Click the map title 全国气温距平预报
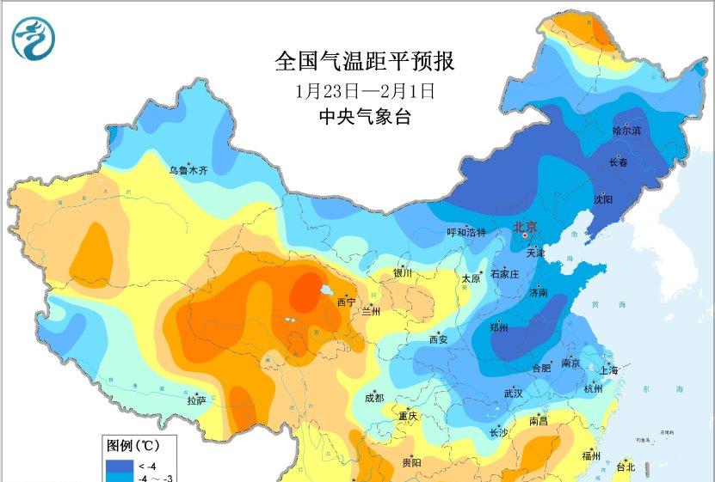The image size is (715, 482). point(364,61)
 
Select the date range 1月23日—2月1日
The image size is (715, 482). point(364,89)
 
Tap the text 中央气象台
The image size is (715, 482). point(364,117)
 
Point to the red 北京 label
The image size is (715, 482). point(524,227)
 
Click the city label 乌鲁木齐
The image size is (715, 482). point(188,170)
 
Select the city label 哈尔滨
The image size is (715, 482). point(626,131)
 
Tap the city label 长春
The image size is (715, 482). point(619,162)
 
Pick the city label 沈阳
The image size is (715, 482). point(603,199)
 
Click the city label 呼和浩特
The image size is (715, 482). point(466,233)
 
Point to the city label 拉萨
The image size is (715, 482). point(196,400)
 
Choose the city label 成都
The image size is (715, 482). point(374,398)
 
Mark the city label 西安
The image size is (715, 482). point(438,339)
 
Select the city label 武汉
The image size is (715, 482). point(514,393)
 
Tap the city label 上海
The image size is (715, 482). point(609,370)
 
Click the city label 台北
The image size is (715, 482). point(626,467)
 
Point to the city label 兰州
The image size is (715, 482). point(371,311)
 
